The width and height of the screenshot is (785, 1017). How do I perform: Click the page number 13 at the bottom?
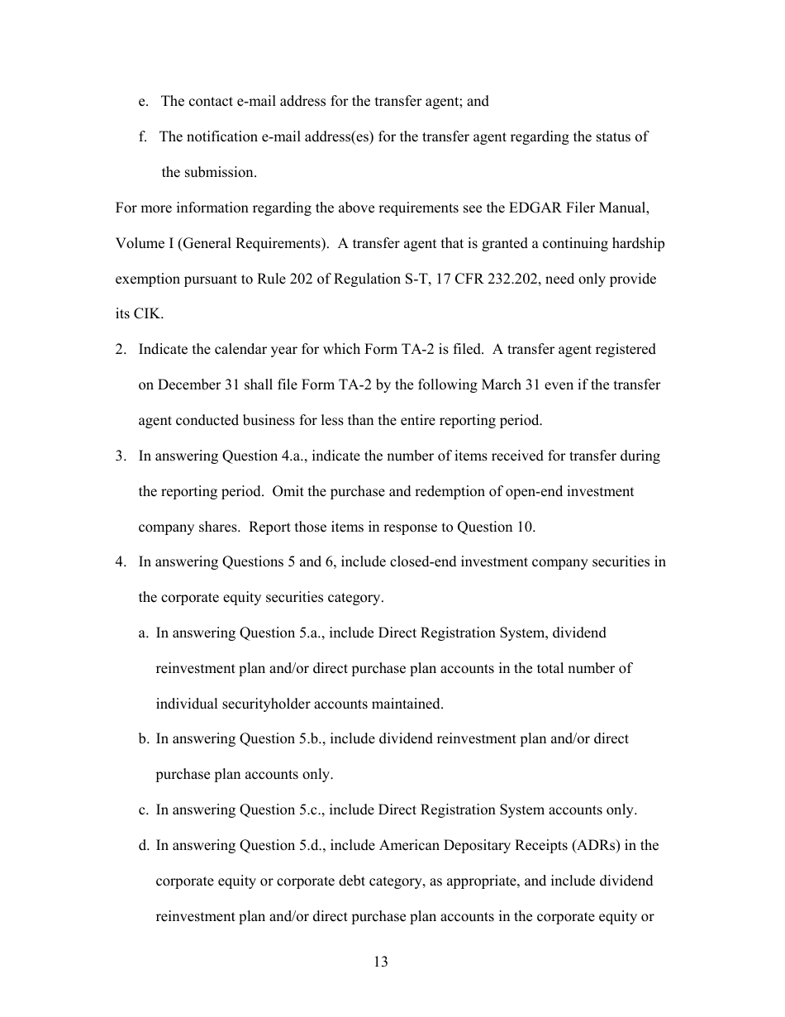[381, 962]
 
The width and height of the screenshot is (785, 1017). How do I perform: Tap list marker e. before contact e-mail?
[144, 101]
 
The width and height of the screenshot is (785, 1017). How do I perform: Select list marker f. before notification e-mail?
[143, 136]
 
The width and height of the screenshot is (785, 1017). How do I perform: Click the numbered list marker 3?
[121, 456]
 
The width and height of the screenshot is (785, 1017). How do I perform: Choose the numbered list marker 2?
[121, 349]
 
